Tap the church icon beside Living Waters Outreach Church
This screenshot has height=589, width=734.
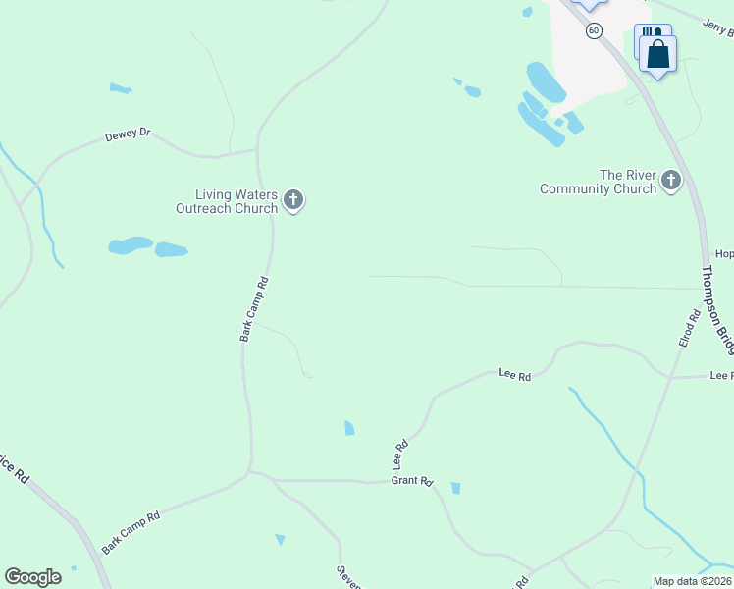point(292,201)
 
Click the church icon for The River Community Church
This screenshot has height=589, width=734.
point(671,180)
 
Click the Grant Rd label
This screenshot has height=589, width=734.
point(412,481)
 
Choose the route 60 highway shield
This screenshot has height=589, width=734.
point(594,30)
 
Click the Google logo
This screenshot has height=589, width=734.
point(32,577)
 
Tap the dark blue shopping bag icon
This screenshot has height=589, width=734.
point(658,54)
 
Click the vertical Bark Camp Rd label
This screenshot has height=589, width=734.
point(253,308)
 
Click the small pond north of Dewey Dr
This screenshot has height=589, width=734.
point(121,89)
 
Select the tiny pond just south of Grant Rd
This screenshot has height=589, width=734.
point(455,488)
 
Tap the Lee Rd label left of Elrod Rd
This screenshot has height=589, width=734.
point(515,375)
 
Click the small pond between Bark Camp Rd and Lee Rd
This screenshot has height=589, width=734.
point(349,428)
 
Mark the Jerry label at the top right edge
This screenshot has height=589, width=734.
point(718,29)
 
